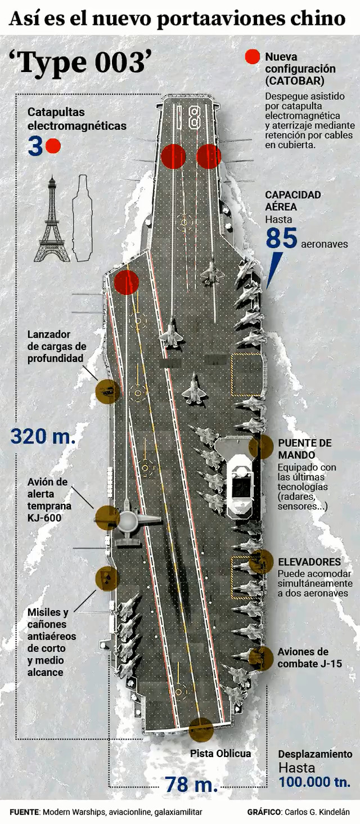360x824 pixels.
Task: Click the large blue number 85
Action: click(281, 238)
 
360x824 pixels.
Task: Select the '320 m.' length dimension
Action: click(43, 436)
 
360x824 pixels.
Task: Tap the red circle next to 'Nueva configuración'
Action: click(253, 57)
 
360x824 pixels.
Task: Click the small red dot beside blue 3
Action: click(53, 146)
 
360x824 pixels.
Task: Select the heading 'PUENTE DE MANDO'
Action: click(304, 449)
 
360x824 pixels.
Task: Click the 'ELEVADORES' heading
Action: click(309, 562)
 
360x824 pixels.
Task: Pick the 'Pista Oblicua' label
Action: click(220, 753)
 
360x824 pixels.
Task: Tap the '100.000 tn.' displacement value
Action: click(314, 782)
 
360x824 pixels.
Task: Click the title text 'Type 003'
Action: click(81, 62)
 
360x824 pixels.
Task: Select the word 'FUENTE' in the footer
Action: click(24, 812)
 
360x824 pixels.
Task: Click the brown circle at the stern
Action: click(201, 729)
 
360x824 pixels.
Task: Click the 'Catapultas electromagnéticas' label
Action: click(77, 119)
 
